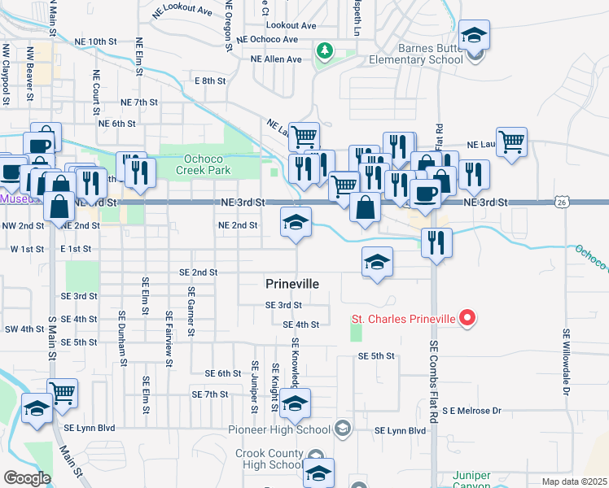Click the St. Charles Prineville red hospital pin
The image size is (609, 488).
pos(467,319)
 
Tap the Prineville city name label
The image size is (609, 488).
pos(291,283)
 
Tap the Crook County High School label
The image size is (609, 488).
pos(269,459)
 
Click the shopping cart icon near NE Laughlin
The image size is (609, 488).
pos(511,142)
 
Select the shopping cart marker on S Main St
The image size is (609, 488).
pos(62,394)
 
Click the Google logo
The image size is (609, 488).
pos(27,478)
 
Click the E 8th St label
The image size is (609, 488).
pos(209,81)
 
